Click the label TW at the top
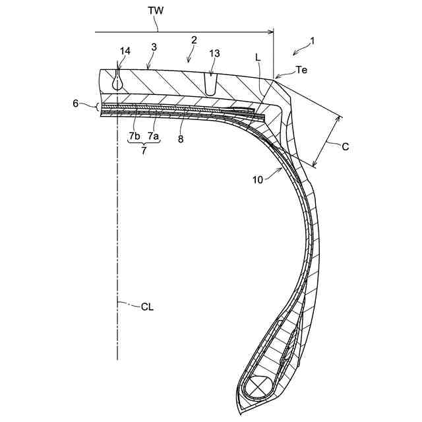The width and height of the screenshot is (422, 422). (156, 11)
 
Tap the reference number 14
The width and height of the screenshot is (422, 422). (125, 51)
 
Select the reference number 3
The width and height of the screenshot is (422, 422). (154, 47)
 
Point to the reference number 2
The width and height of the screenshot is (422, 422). (194, 40)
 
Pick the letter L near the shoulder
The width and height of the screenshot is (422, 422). (259, 58)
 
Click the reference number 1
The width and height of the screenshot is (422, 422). (313, 40)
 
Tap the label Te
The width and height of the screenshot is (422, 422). (301, 69)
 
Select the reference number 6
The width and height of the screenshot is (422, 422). (76, 104)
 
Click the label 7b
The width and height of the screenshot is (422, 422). (135, 136)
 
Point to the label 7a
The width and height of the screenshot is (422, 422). (153, 136)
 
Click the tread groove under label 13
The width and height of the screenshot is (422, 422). (210, 84)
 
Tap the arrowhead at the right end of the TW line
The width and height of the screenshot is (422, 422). (270, 31)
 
